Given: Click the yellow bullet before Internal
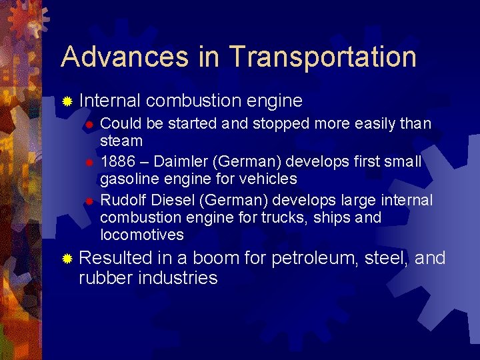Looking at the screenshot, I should pyautogui.click(x=67, y=102).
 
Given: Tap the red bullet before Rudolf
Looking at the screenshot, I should pyautogui.click(x=91, y=201).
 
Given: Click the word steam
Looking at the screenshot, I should pyautogui.click(x=121, y=141).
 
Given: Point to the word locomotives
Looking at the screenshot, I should pyautogui.click(x=141, y=235).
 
